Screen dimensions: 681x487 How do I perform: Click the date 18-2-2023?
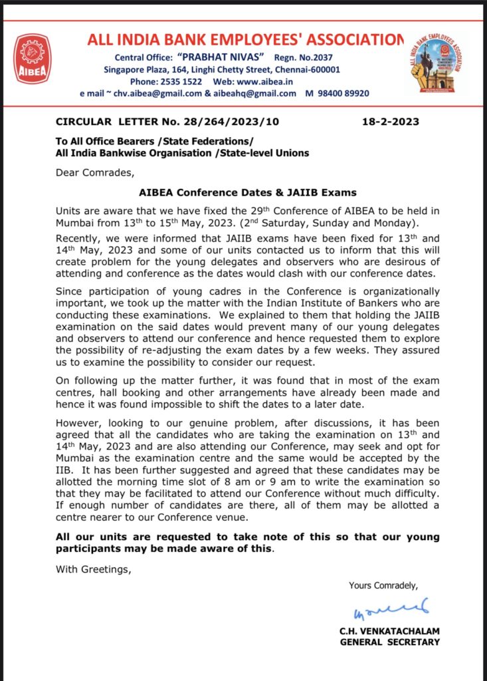click(391, 122)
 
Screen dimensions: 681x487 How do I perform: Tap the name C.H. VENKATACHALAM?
click(390, 630)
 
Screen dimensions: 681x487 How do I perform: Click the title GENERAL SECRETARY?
click(390, 642)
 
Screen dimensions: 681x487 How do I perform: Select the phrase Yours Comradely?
click(383, 585)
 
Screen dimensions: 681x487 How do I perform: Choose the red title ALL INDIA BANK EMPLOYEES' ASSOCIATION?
click(245, 40)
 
